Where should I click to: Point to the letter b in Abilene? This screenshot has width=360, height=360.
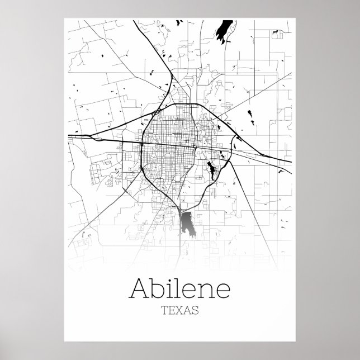click(x=157, y=287)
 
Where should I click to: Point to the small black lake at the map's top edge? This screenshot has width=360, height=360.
click(x=180, y=22)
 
